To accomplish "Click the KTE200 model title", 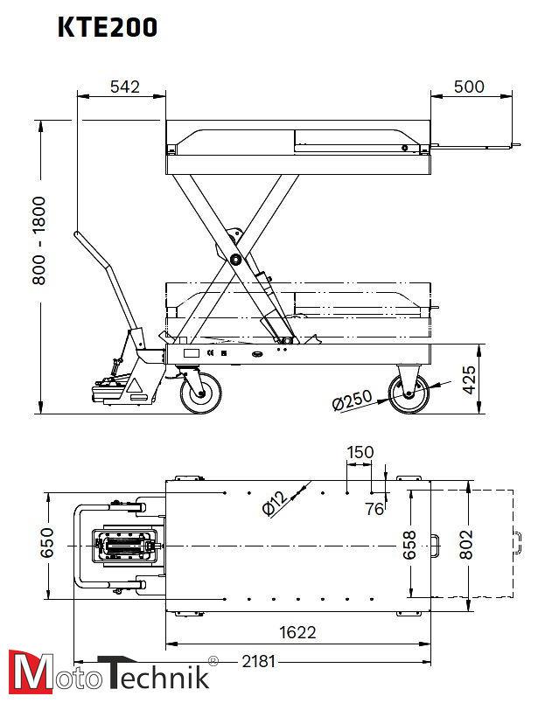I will tap(108, 28).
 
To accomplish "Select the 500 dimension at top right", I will tap(469, 87).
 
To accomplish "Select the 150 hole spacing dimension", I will tap(360, 452).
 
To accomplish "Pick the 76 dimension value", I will tap(374, 510).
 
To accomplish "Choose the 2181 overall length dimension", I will tap(258, 662).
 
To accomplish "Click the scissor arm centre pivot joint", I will tap(236, 260).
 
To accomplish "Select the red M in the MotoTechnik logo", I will tap(25, 674).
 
